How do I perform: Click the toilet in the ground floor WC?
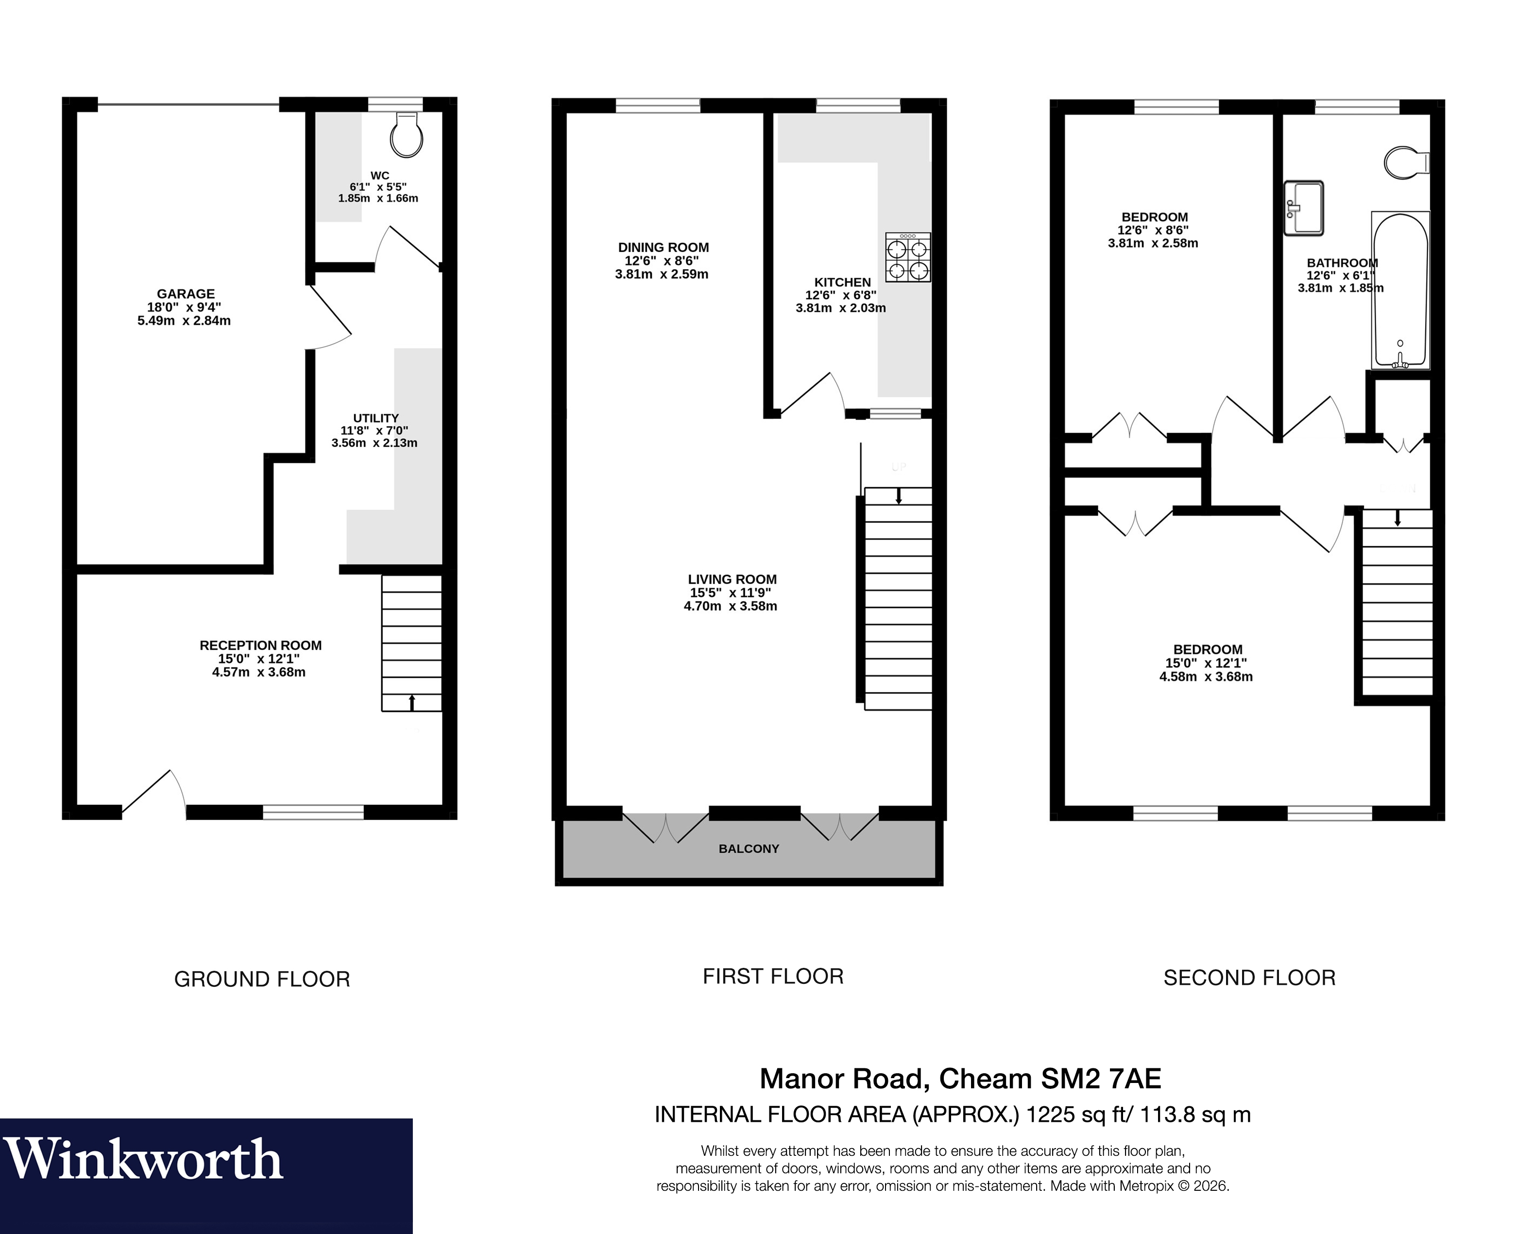(x=406, y=135)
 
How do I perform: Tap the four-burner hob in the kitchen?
(x=908, y=258)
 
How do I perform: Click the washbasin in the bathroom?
(x=1304, y=207)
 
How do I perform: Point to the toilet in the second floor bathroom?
(x=1404, y=163)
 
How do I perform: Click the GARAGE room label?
(x=186, y=294)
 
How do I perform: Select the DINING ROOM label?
(x=663, y=247)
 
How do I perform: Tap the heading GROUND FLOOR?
(x=262, y=980)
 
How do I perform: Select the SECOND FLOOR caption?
(x=1249, y=978)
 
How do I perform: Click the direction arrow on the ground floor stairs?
(x=411, y=702)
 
